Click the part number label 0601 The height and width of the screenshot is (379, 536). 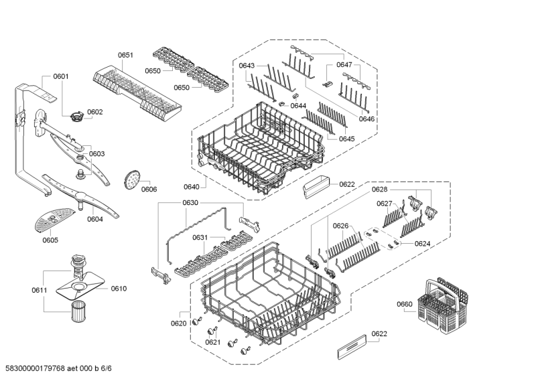click(61, 76)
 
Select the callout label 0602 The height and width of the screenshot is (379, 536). click(94, 112)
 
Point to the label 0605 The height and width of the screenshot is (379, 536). click(50, 240)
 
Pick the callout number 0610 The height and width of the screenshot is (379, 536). click(119, 289)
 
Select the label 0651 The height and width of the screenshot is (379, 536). click(126, 56)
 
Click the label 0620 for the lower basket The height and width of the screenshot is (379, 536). click(178, 323)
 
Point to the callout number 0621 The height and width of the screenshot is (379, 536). click(212, 342)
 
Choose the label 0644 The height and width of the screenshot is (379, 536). click(298, 106)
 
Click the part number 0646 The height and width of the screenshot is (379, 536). click(366, 119)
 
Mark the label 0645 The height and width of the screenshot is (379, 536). click(346, 139)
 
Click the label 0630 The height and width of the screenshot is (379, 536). click(190, 202)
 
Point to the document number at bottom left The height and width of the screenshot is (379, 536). click(58, 368)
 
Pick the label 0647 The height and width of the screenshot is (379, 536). click(344, 65)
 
